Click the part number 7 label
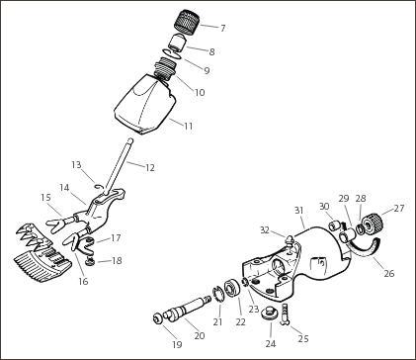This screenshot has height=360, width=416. click(x=223, y=28)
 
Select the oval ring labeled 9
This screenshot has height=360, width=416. click(x=172, y=53)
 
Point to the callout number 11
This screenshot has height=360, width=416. click(x=188, y=126)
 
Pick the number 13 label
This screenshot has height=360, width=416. click(x=76, y=164)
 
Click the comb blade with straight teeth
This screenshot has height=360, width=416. click(x=42, y=263)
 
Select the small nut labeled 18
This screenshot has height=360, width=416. click(x=90, y=262)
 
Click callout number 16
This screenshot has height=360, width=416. click(x=83, y=281)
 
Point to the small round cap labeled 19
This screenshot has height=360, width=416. click(x=157, y=318)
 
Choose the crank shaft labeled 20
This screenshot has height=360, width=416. click(x=188, y=309)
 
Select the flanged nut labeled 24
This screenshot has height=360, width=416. click(x=268, y=313)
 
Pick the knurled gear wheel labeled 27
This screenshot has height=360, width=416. click(x=374, y=224)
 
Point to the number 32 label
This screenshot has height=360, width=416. click(x=266, y=229)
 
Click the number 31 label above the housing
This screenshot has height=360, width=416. click(x=298, y=211)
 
